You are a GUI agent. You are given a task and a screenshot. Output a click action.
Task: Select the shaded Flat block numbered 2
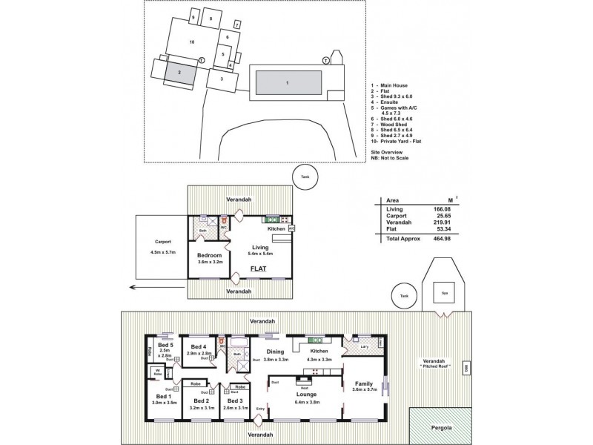[179, 73]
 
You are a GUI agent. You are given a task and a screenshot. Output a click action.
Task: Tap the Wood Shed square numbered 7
[237, 24]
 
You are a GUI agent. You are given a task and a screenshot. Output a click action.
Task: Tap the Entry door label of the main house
[259, 408]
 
